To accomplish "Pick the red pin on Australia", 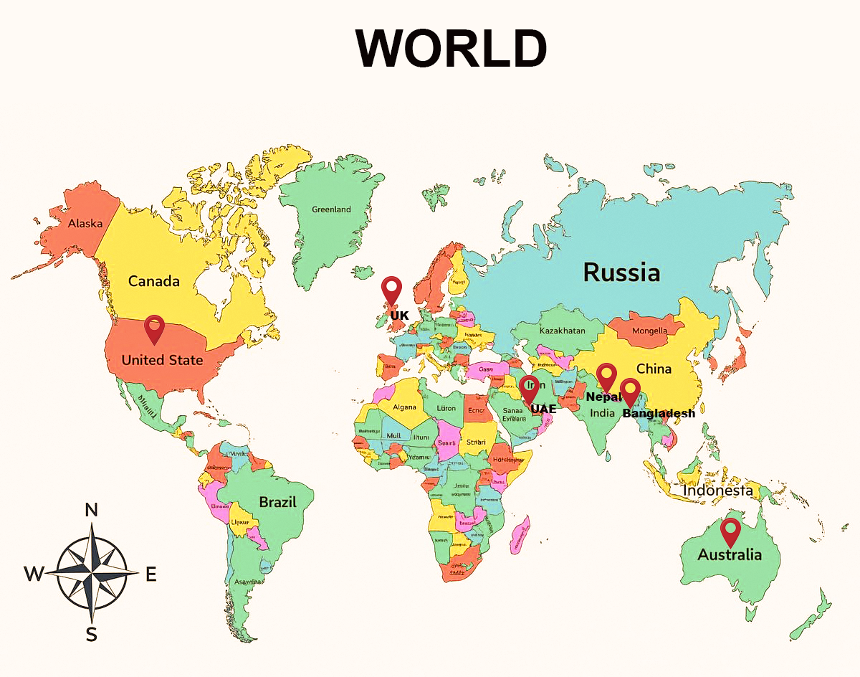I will [x=730, y=531].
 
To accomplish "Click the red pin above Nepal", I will [x=607, y=376].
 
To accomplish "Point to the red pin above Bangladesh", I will [x=630, y=391].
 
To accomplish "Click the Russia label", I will [x=621, y=273].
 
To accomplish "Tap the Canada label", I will [x=153, y=281].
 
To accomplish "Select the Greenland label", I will [x=331, y=209].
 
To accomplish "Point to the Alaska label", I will [x=85, y=224].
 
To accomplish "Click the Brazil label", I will [x=277, y=502].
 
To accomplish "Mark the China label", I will [x=654, y=369].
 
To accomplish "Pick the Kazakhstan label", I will [x=562, y=331].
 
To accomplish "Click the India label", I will [x=602, y=413].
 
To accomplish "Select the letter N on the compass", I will [x=91, y=510].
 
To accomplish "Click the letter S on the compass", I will [x=91, y=634].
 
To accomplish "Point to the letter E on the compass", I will [x=151, y=574].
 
